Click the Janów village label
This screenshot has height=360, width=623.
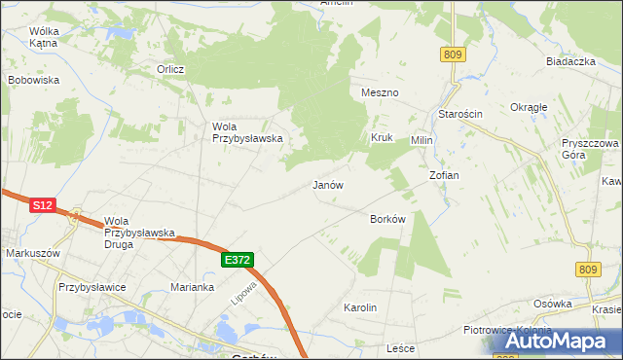327,184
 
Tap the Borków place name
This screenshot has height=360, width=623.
386,219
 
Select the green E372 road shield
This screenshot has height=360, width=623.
238,260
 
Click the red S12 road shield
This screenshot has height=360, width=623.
42,205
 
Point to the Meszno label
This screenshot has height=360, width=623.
380,92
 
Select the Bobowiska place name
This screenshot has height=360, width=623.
34,80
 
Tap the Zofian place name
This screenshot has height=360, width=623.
444,175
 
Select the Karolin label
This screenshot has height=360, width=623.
360,307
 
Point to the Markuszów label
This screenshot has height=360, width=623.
33,253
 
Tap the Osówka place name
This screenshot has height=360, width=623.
552,304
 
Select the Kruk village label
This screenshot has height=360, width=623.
381,138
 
